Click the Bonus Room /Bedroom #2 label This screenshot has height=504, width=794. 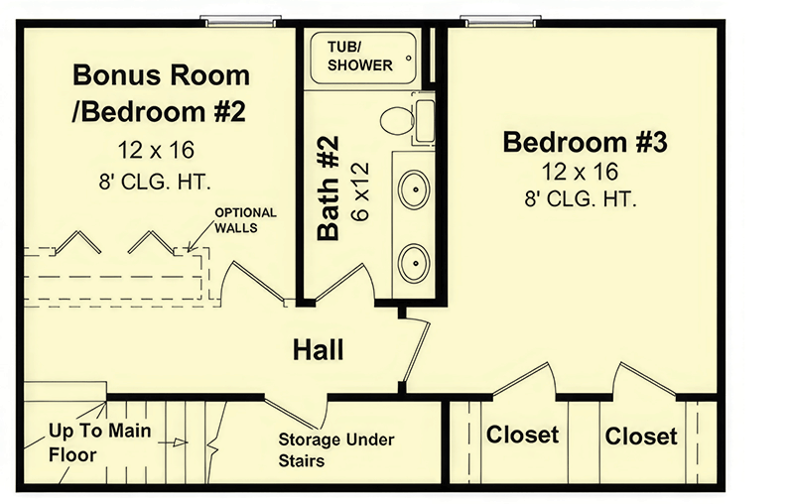tap(160, 93)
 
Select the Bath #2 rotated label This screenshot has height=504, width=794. tap(331, 189)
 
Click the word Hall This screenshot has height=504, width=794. tap(318, 349)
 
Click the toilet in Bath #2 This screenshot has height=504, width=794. tap(399, 120)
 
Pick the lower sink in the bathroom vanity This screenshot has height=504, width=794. tap(414, 263)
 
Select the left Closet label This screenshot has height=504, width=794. tap(522, 435)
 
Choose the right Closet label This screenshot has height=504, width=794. tap(641, 436)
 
